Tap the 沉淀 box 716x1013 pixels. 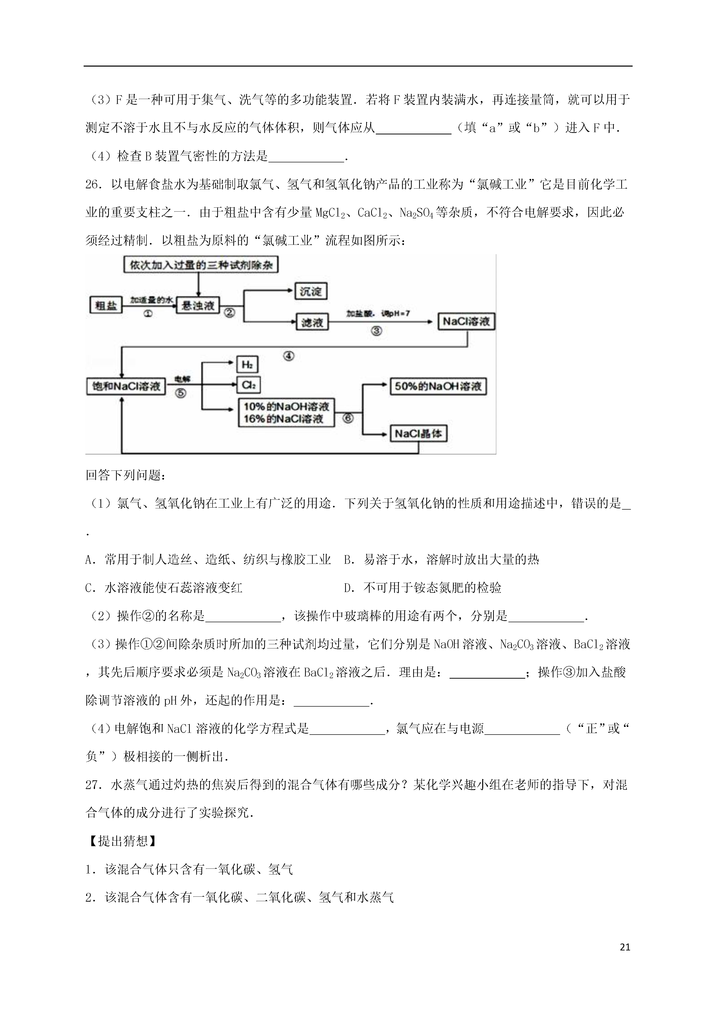pos(310,291)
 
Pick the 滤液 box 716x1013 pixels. pos(312,322)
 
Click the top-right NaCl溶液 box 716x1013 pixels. pos(466,321)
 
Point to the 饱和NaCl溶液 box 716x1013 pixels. pos(126,387)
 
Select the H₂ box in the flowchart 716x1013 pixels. pos(247,364)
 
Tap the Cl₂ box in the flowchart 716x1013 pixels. pos(248,385)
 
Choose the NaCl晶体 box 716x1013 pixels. pos(418,434)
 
